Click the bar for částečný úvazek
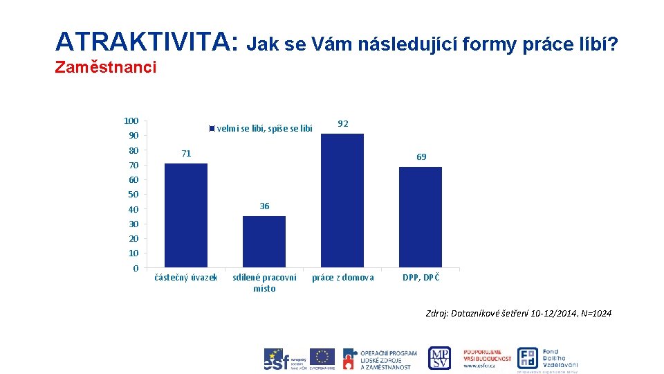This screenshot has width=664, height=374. [185, 215]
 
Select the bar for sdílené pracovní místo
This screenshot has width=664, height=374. [264, 242]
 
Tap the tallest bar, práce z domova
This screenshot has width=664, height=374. [342, 200]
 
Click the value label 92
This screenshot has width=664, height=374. [342, 124]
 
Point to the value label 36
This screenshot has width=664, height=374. [264, 206]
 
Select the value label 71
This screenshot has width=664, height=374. [186, 153]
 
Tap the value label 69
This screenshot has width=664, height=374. [421, 157]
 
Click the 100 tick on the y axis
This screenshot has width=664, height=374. [131, 121]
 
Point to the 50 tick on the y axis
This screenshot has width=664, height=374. [133, 195]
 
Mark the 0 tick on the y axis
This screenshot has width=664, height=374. [136, 268]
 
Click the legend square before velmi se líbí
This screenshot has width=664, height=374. [212, 128]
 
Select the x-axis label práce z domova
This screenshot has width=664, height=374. [342, 278]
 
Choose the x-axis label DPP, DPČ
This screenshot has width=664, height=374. [421, 278]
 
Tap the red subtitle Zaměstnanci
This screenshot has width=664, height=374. [105, 67]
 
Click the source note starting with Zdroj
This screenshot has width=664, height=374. [518, 314]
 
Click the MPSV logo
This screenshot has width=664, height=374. [439, 358]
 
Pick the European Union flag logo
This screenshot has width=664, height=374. [322, 357]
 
